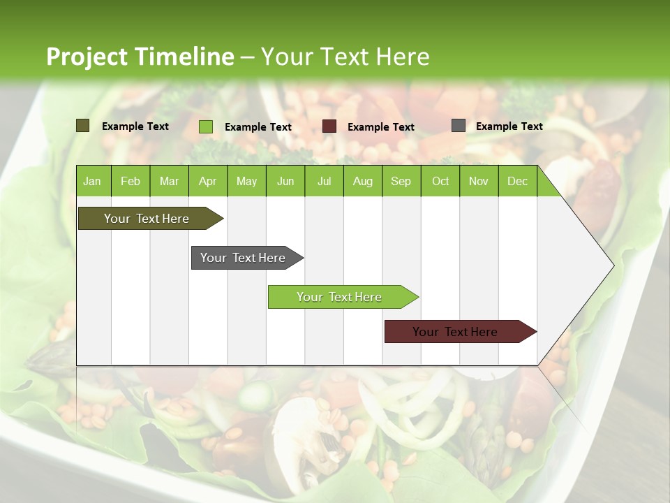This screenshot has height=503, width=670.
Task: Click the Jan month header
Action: click(x=93, y=181)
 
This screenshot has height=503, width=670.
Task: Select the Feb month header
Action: click(x=131, y=181)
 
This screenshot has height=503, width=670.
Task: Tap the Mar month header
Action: click(x=169, y=181)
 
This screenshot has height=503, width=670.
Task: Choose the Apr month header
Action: click(x=208, y=181)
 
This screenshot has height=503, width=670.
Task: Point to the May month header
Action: click(x=246, y=181)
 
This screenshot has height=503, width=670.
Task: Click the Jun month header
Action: click(x=285, y=181)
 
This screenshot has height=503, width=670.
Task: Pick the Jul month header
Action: click(x=324, y=181)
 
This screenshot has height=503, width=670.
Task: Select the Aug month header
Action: click(x=363, y=181)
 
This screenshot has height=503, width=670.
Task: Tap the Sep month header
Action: click(x=401, y=181)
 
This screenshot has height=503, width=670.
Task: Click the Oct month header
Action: click(x=440, y=181)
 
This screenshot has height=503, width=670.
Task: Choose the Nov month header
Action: click(x=479, y=181)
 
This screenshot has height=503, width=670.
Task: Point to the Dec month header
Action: click(x=518, y=181)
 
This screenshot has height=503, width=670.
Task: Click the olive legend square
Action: click(x=83, y=126)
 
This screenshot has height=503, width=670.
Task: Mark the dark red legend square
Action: click(x=329, y=126)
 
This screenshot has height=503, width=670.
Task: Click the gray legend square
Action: click(x=459, y=126)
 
